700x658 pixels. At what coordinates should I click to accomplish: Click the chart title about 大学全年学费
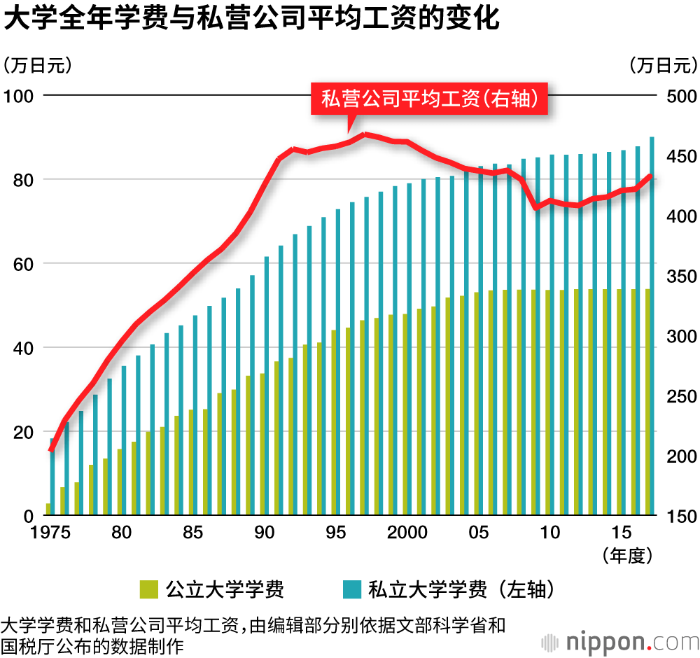(251, 20)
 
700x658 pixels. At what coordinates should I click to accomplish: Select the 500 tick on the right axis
(677, 95)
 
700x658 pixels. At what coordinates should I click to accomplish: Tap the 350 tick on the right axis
(677, 276)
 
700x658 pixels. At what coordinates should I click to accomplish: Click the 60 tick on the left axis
(21, 264)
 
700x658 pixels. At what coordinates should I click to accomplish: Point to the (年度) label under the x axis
(627, 556)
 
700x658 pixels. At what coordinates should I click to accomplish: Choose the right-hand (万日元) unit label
(663, 66)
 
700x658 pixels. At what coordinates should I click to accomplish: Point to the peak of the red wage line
(365, 134)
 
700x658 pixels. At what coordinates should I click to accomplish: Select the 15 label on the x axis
(622, 533)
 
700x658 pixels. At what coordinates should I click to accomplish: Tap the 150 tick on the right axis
(677, 517)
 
